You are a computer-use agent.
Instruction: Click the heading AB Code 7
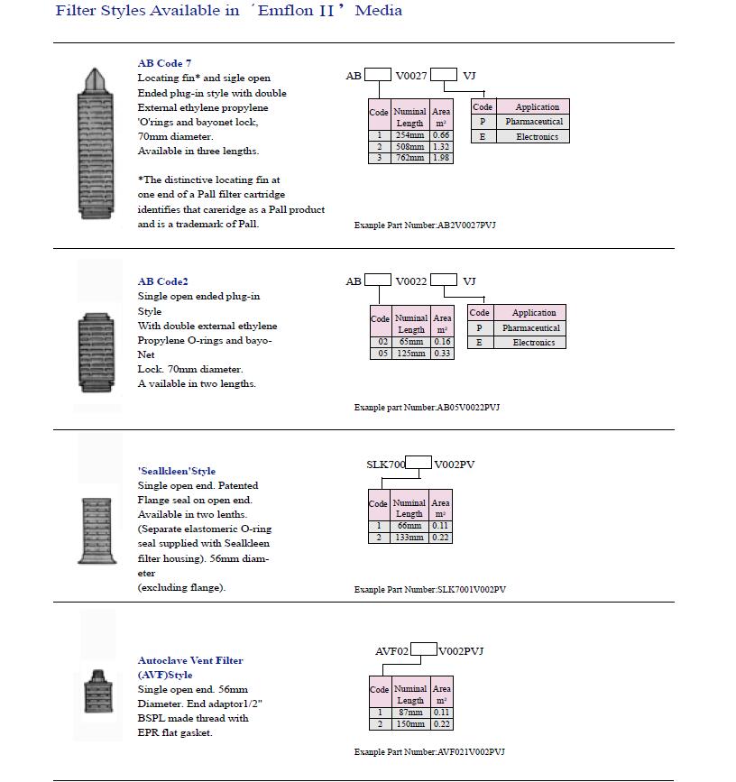[x=164, y=64]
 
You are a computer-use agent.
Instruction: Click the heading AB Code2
[x=162, y=282]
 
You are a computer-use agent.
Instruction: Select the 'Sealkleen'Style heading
[x=176, y=471]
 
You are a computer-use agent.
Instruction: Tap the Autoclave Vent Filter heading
[x=190, y=660]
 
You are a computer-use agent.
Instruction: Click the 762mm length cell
[x=409, y=158]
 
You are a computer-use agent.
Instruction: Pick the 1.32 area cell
[x=441, y=146]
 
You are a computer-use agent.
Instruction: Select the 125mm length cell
[x=410, y=353]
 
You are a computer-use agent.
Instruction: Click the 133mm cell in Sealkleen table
[x=409, y=538]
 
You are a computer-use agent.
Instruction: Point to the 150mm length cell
[x=409, y=724]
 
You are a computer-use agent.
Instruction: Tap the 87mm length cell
[x=409, y=713]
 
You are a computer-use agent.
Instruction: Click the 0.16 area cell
[x=441, y=342]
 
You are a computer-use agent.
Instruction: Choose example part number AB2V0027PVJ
[x=425, y=225]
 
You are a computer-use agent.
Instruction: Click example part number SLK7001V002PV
[x=430, y=589]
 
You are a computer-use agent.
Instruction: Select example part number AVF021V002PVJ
[x=429, y=751]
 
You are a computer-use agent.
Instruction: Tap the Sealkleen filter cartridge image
[x=96, y=531]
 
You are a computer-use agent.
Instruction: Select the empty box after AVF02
[x=424, y=650]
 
